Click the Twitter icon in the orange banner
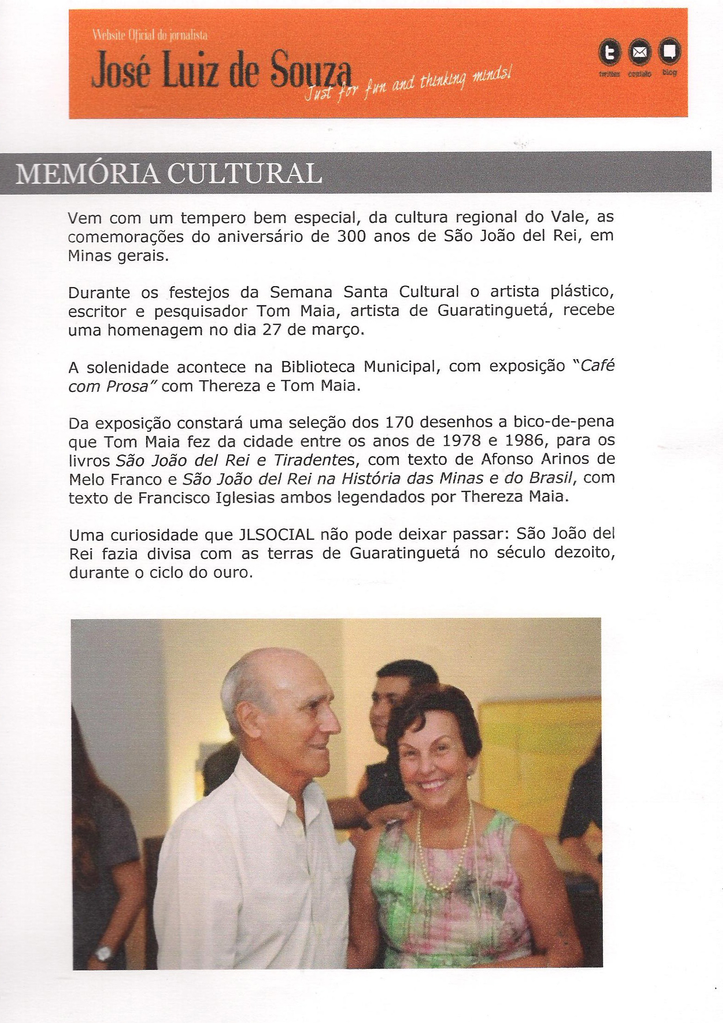(x=610, y=53)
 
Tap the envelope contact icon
(x=640, y=53)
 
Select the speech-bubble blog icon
(x=669, y=52)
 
